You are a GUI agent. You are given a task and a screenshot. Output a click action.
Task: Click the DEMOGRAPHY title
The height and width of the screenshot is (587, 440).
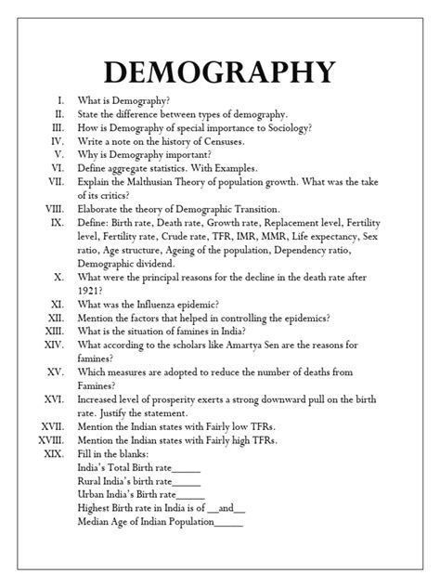(x=220, y=72)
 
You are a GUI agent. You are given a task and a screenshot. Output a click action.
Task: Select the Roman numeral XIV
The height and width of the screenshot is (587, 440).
(x=50, y=346)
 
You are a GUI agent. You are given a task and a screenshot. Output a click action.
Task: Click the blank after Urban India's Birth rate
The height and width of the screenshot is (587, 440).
(x=190, y=495)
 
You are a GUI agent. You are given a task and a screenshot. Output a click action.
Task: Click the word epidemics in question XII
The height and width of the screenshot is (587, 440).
(x=307, y=318)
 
